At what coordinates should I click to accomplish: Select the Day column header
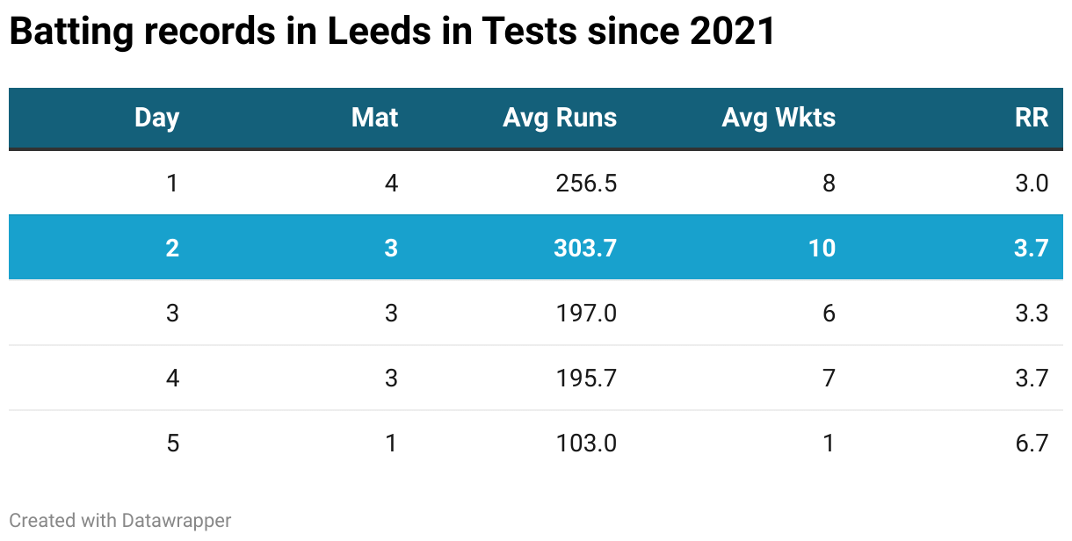(x=156, y=118)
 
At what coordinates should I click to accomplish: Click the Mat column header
(x=374, y=118)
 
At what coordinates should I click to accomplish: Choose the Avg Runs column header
(x=560, y=118)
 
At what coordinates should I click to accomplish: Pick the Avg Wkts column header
(x=779, y=118)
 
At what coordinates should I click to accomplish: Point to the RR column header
(x=1032, y=118)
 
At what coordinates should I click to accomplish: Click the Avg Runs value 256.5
(x=586, y=183)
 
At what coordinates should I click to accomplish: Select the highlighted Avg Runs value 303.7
(x=585, y=248)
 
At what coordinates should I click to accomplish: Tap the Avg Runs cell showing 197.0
(x=586, y=313)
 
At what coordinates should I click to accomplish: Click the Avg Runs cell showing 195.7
(x=586, y=378)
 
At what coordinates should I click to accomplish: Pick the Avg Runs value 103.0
(x=586, y=443)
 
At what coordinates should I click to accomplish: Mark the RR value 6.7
(x=1031, y=443)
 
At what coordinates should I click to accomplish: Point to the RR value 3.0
(x=1031, y=183)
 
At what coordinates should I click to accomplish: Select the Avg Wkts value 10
(x=822, y=248)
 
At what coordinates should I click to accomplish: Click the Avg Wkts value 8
(x=829, y=183)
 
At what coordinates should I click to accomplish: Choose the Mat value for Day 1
(x=391, y=183)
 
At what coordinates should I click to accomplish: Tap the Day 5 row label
(x=172, y=443)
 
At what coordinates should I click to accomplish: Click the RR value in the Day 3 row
(x=1031, y=313)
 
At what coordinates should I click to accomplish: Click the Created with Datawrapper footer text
(x=120, y=520)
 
